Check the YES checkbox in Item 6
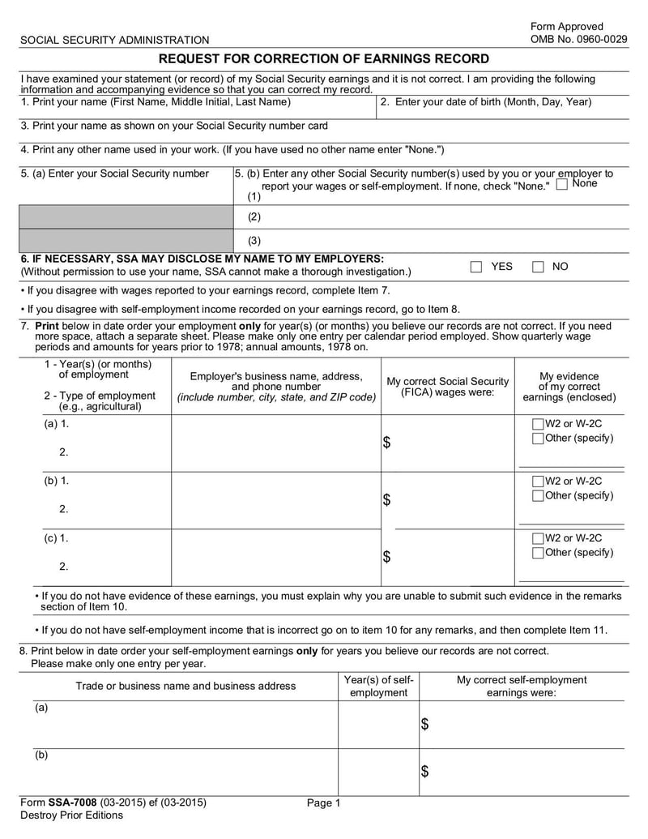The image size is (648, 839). click(476, 268)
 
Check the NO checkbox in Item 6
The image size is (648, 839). click(538, 268)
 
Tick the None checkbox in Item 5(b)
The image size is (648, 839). click(562, 185)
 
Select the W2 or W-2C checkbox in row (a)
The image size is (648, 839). click(538, 424)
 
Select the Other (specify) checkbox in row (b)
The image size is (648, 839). click(538, 495)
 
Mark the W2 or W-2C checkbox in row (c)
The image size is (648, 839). click(538, 538)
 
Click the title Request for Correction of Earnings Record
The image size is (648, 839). click(323, 59)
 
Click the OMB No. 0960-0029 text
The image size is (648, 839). click(578, 39)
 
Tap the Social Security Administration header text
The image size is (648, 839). click(114, 40)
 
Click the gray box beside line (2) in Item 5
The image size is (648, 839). click(126, 217)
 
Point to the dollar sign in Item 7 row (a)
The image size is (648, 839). click(386, 443)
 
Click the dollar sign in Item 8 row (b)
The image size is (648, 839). click(424, 771)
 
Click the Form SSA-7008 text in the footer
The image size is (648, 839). click(113, 803)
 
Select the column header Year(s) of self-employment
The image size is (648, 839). click(378, 686)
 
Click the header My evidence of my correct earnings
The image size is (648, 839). click(569, 387)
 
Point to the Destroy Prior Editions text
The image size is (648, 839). click(71, 815)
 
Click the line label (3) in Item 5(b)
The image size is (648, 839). click(254, 241)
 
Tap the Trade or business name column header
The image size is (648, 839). click(185, 686)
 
